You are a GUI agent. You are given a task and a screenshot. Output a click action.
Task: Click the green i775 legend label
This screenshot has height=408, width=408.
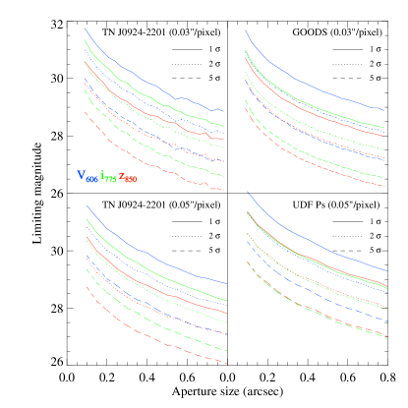click(x=108, y=177)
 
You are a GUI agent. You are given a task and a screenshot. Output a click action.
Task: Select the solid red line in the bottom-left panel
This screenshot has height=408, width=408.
click(x=147, y=283)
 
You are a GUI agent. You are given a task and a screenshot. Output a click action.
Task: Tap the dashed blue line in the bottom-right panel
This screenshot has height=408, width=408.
click(x=315, y=294)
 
